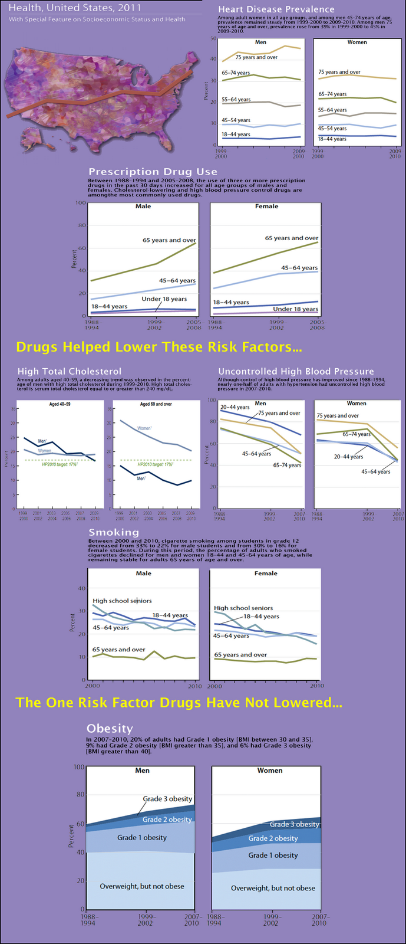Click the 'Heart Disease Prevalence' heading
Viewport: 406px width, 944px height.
276,9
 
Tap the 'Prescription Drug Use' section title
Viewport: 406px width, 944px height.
153,172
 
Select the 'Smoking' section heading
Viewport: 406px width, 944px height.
105,533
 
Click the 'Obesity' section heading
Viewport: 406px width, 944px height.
110,729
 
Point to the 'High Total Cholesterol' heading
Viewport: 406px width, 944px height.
70,371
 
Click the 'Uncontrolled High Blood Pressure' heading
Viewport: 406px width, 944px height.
296,371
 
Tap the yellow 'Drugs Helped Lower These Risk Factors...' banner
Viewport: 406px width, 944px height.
159,347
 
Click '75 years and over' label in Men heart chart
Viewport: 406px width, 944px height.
256,57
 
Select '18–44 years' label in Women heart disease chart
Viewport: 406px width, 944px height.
332,139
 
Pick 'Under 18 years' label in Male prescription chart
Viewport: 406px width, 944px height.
164,299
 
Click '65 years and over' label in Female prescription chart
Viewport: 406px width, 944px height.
292,238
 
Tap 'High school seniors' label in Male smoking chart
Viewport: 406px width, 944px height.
122,601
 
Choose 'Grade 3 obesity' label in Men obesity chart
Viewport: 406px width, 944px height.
167,799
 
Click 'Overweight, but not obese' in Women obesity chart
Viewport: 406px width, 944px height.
273,888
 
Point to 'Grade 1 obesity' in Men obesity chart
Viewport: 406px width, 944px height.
142,837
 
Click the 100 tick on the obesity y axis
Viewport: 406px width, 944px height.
79,767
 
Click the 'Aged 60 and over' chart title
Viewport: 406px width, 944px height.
156,404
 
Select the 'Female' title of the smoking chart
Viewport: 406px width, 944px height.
266,573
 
